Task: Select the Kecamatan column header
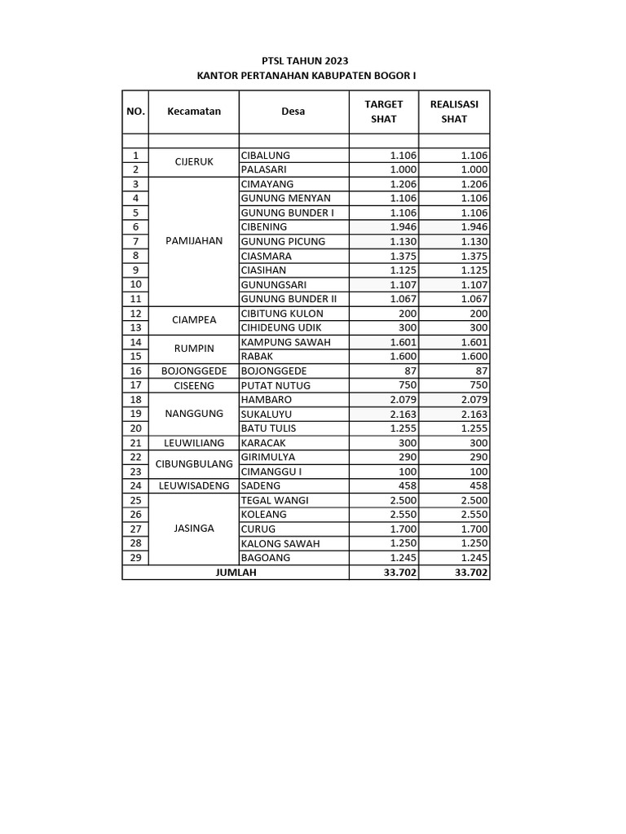[194, 112]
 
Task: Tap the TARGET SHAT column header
[383, 112]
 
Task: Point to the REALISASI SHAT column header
[454, 112]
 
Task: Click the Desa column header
[293, 112]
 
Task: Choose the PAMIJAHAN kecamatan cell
[194, 242]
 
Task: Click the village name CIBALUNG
[266, 156]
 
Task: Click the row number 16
[135, 371]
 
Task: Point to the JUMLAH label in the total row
[236, 573]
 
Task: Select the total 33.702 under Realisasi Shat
[470, 573]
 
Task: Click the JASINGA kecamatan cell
[194, 529]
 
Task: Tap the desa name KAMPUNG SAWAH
[286, 342]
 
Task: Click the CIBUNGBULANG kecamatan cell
[194, 465]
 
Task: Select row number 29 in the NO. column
[135, 558]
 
